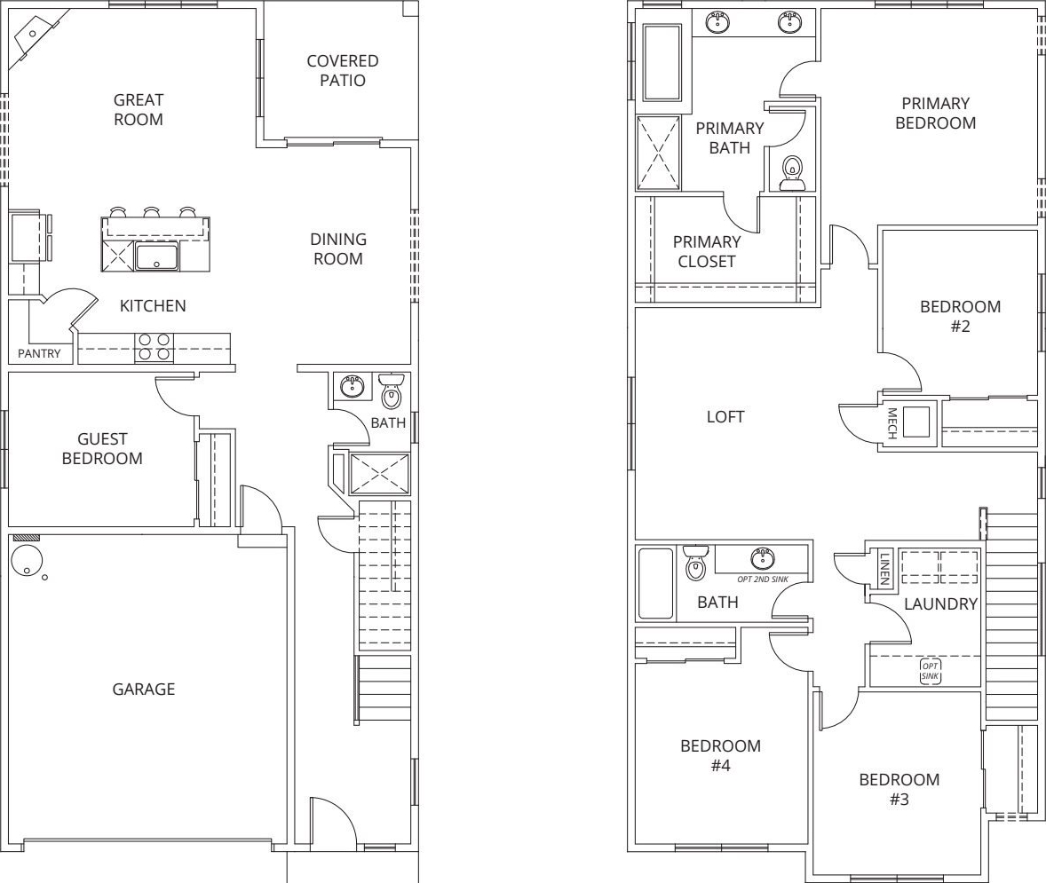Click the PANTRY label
tap(39, 353)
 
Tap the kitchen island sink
tap(157, 257)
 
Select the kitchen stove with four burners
tap(155, 348)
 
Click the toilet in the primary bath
tap(792, 173)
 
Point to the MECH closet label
tap(891, 423)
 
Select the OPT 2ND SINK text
tap(763, 579)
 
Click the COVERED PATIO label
tap(343, 71)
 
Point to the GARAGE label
tap(144, 689)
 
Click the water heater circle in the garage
tap(27, 560)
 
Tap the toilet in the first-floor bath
tap(392, 390)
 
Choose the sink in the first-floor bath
tap(352, 386)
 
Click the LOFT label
tap(725, 417)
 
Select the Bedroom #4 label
tap(720, 755)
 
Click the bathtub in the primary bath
tap(662, 62)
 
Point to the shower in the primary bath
tap(659, 153)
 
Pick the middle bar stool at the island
tap(152, 213)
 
